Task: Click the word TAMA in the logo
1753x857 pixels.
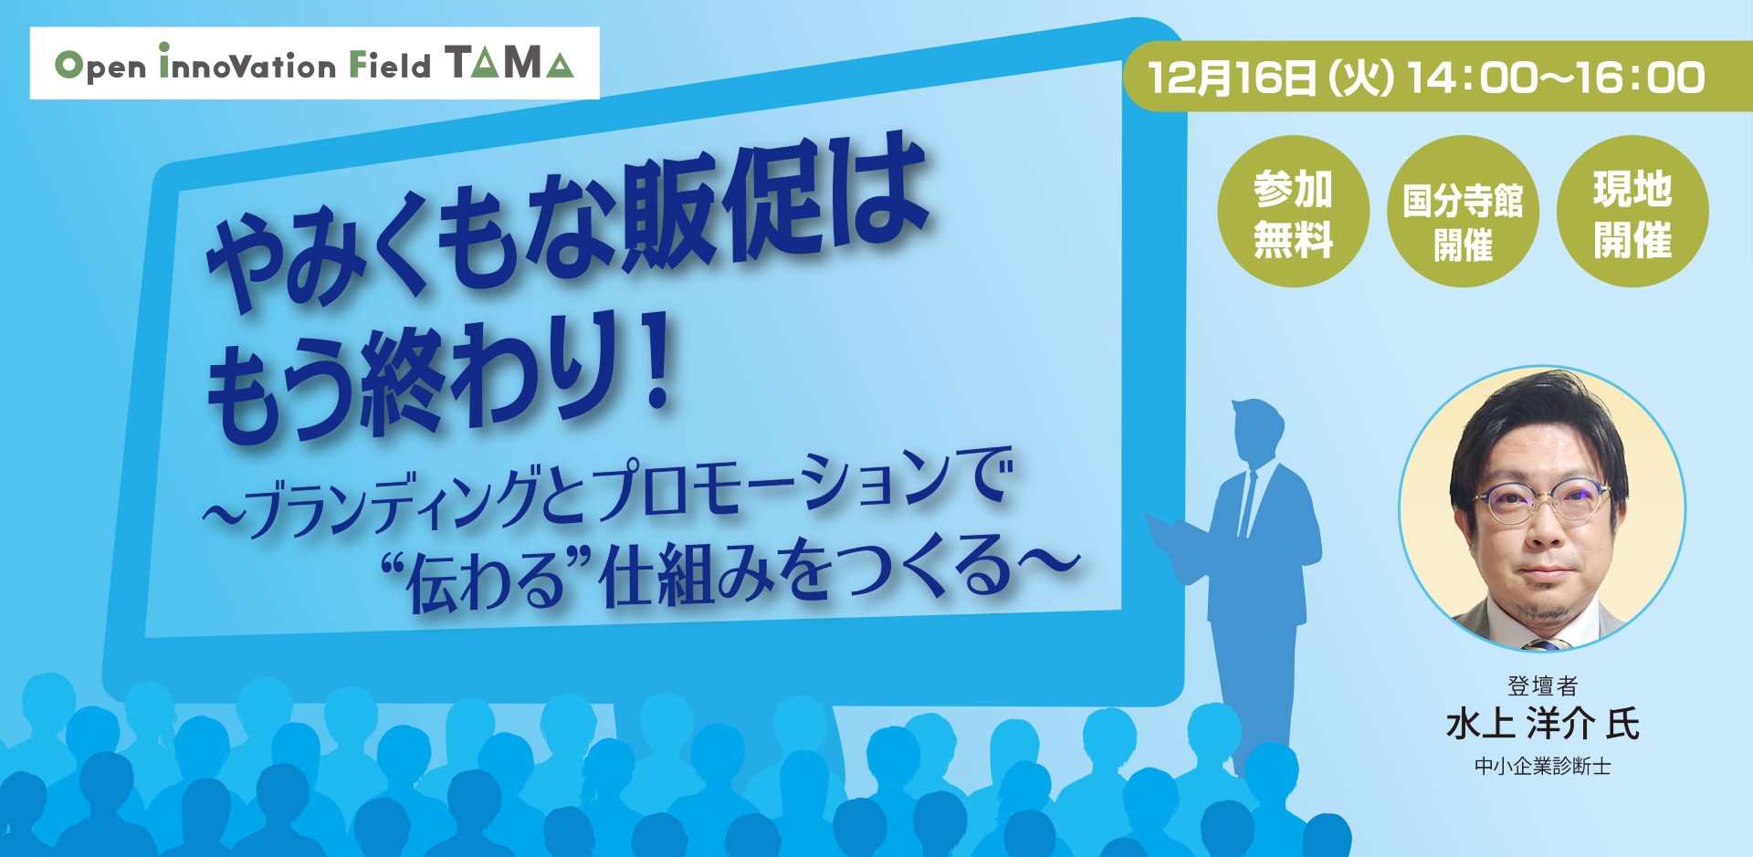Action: (509, 63)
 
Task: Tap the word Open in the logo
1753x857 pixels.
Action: (100, 66)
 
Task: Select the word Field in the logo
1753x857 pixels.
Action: (391, 66)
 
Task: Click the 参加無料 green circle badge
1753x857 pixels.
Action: (1293, 213)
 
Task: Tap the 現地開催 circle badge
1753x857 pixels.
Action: (1632, 213)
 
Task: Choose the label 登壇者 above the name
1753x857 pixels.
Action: (1542, 686)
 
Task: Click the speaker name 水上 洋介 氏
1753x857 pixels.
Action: (1542, 725)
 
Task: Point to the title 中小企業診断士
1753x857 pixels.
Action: (1542, 767)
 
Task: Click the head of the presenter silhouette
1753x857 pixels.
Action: (1258, 429)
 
